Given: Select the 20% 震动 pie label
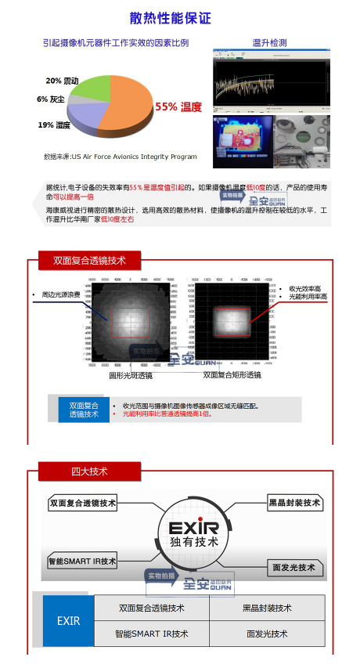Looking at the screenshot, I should (x=63, y=81).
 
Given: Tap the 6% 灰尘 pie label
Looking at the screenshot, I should (x=51, y=99).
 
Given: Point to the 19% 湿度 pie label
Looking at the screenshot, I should (x=54, y=125).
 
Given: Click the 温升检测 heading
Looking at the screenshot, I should (x=269, y=42).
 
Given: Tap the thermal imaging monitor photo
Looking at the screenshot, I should (x=243, y=141).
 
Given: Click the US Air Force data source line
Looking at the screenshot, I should (x=120, y=157).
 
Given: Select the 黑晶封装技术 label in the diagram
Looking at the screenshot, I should (x=294, y=503).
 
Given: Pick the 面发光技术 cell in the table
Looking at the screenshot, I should (x=267, y=634).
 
